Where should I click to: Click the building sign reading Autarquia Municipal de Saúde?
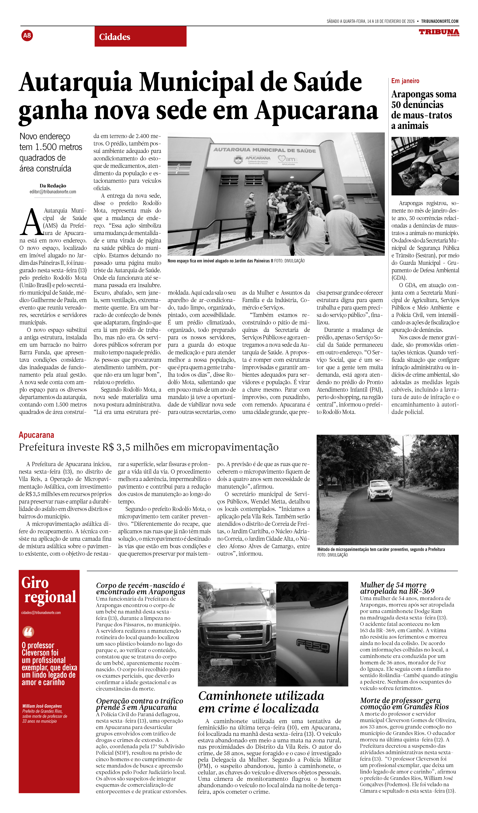click(264, 150)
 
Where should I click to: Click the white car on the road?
click(380, 490)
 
